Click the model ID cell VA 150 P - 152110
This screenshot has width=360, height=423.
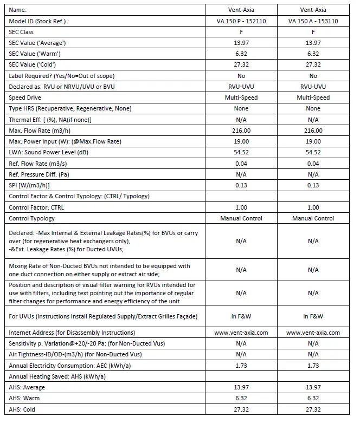(241, 21)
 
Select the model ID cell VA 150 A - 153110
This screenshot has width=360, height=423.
(313, 21)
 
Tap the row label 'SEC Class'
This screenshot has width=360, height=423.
(21, 32)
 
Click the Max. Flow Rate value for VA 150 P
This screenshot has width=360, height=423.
(241, 131)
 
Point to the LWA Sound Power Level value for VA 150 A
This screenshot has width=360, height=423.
(313, 153)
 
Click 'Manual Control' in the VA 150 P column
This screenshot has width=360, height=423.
(241, 218)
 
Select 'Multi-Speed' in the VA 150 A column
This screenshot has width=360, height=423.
(313, 97)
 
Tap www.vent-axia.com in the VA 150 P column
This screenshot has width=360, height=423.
(241, 333)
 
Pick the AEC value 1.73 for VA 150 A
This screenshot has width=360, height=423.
(313, 366)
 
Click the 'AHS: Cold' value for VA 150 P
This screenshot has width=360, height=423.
(241, 409)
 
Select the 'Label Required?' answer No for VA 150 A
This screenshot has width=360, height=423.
(313, 76)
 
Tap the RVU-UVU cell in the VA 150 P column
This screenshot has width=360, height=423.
(241, 87)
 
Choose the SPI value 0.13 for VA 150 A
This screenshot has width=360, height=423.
(313, 185)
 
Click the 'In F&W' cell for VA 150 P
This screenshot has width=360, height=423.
(241, 316)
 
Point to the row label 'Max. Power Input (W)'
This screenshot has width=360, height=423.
(66, 141)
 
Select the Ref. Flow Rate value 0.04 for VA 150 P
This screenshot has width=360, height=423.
(241, 164)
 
